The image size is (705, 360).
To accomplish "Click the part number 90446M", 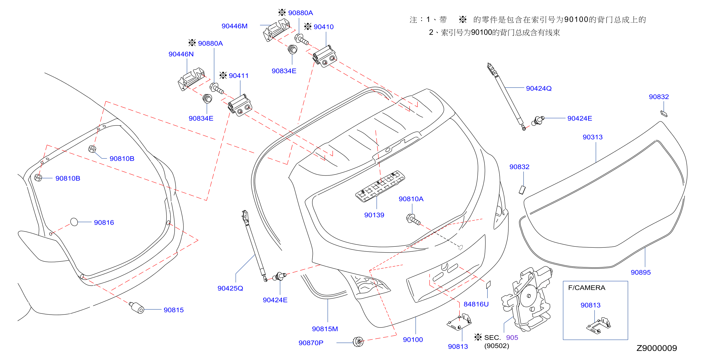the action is (x=234, y=26).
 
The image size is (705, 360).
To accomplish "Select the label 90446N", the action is (x=181, y=54).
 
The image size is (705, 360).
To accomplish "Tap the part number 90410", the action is (x=324, y=27).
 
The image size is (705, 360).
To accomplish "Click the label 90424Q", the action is (x=539, y=89).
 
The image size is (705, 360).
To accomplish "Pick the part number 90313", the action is (x=592, y=137).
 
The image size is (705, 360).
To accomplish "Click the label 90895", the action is (x=641, y=272).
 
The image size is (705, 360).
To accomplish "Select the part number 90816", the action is (x=104, y=222).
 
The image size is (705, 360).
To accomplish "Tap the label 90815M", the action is (x=325, y=329).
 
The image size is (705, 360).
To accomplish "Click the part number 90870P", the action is (x=311, y=343).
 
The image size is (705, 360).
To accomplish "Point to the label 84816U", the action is (x=476, y=304).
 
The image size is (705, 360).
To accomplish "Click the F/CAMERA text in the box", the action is (x=586, y=288).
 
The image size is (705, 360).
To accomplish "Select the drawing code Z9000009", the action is (x=656, y=348).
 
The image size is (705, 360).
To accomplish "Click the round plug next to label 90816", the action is (x=74, y=222).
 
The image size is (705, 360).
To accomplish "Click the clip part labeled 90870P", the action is (x=358, y=342).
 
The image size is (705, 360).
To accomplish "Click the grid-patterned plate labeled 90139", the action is (x=380, y=186).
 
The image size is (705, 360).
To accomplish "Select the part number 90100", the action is (x=413, y=339).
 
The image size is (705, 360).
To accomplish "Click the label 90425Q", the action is (x=230, y=288).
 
